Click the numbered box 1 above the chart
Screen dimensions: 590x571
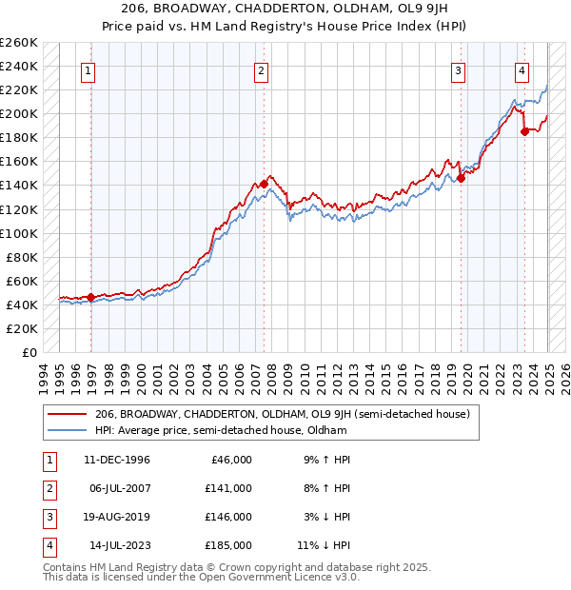(x=88, y=69)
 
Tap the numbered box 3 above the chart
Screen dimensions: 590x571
(x=458, y=69)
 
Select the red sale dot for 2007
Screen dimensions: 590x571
(x=263, y=184)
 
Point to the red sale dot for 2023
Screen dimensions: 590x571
(x=524, y=131)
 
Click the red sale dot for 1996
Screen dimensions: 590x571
(x=90, y=297)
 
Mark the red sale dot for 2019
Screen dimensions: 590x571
(x=461, y=177)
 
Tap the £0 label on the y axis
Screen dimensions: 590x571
(x=28, y=352)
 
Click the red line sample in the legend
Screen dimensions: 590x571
(x=67, y=414)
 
